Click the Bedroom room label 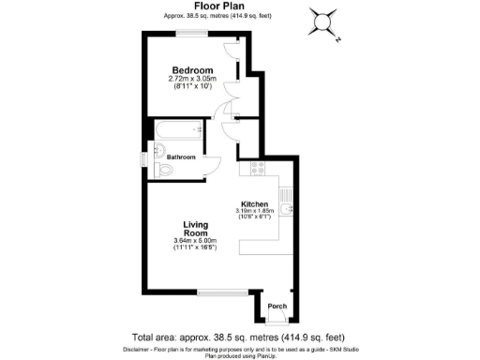point(191,70)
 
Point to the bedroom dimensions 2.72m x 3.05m point(191,79)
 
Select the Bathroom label point(181,157)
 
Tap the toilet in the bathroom point(167,170)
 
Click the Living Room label point(195,228)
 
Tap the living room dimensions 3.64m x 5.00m point(195,244)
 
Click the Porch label point(277,307)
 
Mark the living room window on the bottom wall point(217,292)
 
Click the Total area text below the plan point(238,337)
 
